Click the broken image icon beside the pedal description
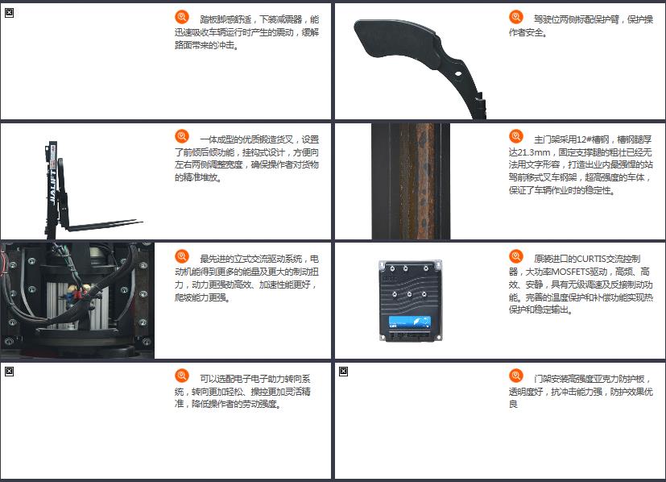click(9, 13)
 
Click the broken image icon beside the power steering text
click(9, 372)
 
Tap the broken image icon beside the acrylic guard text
click(343, 372)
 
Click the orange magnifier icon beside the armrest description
click(516, 17)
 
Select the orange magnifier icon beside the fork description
click(182, 136)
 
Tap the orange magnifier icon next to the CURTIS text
click(516, 256)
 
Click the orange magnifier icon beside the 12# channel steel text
click(516, 136)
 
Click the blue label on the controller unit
click(409, 322)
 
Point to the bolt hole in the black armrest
click(458, 74)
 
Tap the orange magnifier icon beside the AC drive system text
click(182, 256)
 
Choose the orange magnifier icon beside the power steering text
click(182, 376)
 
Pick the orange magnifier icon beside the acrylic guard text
click(516, 376)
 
